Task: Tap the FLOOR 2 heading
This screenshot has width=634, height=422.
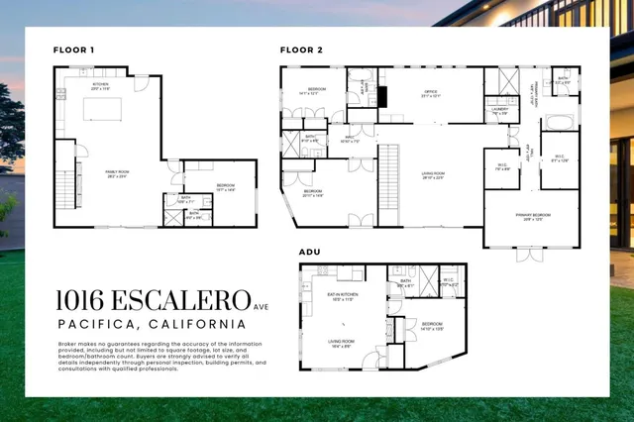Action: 301,49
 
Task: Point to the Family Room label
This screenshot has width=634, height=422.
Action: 118,172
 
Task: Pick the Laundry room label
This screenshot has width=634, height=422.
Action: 500,111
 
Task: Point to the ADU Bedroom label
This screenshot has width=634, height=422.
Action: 432,325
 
